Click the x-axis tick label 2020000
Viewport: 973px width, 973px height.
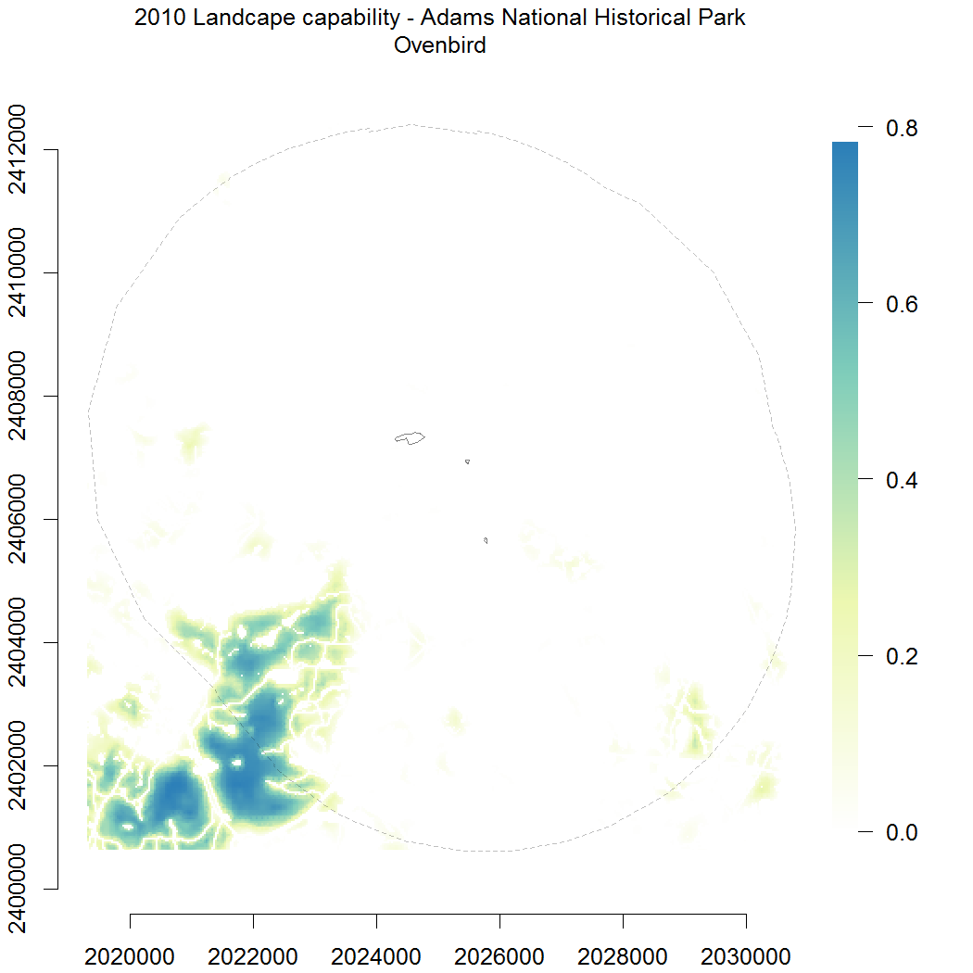click(131, 954)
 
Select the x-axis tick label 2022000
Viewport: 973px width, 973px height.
click(254, 954)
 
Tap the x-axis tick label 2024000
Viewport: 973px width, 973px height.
click(377, 954)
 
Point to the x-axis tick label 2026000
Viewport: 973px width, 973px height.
click(500, 954)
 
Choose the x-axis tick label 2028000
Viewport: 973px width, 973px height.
click(624, 954)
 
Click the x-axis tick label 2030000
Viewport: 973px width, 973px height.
click(747, 954)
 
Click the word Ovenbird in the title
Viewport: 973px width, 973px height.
click(440, 45)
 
